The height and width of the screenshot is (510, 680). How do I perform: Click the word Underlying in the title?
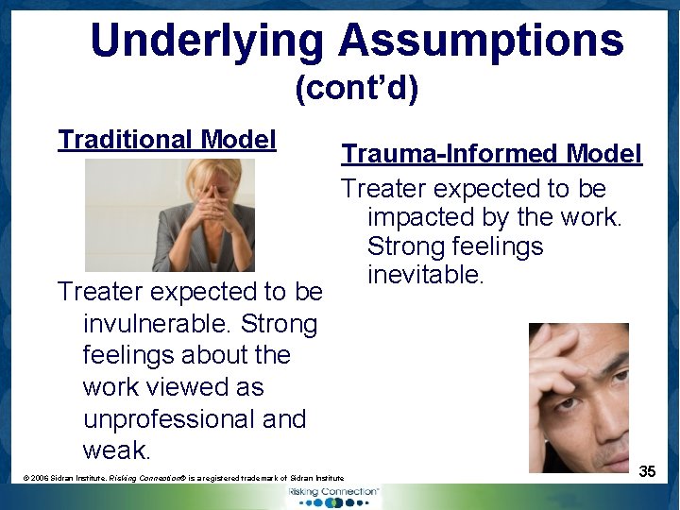point(207,41)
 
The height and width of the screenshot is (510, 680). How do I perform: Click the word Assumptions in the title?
point(481,41)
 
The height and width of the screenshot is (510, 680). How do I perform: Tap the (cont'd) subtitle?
point(356,89)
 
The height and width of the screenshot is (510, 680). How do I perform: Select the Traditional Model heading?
point(167,140)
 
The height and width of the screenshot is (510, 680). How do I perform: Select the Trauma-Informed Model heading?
point(491,153)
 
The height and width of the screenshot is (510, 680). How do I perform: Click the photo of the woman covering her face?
point(170,215)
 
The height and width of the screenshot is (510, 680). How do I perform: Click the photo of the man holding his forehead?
point(578,397)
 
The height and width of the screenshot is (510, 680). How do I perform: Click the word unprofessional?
point(195,419)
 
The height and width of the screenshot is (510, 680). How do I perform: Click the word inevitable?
point(425,276)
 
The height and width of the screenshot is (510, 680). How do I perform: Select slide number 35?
point(647,471)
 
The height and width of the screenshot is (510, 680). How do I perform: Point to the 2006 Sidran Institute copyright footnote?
point(184,479)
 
